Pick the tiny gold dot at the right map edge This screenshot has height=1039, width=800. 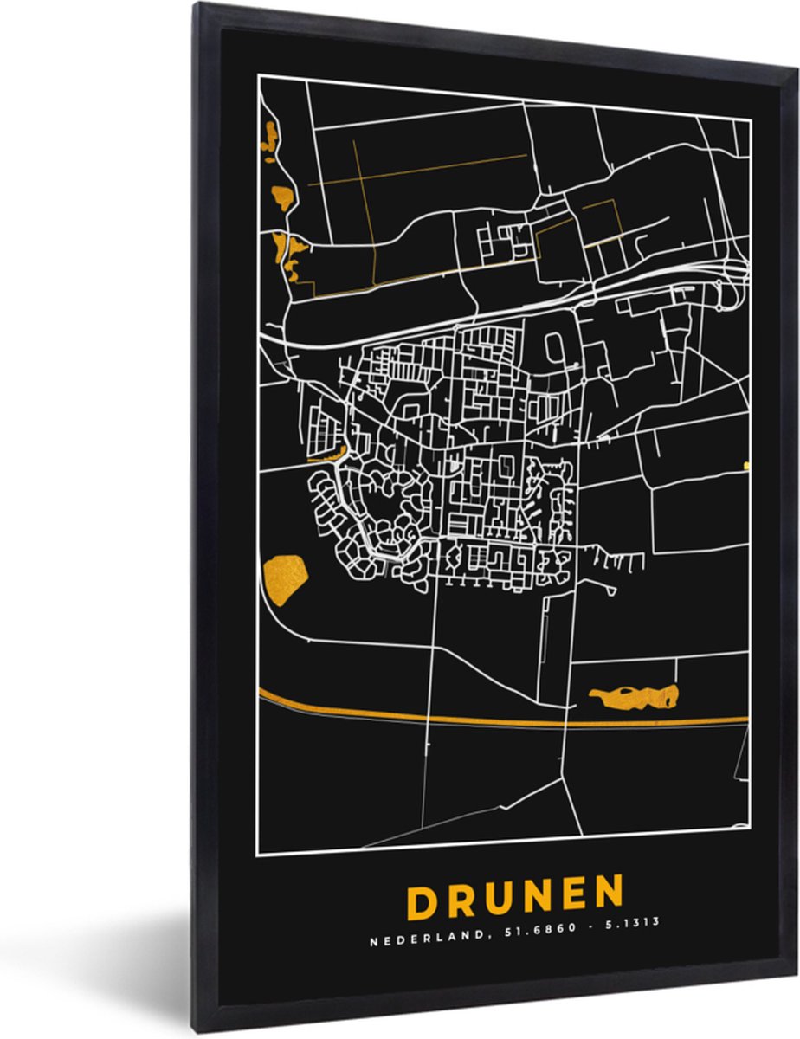point(745,465)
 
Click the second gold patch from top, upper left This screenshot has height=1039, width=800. point(282,197)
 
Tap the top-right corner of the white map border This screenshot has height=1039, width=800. point(750,120)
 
